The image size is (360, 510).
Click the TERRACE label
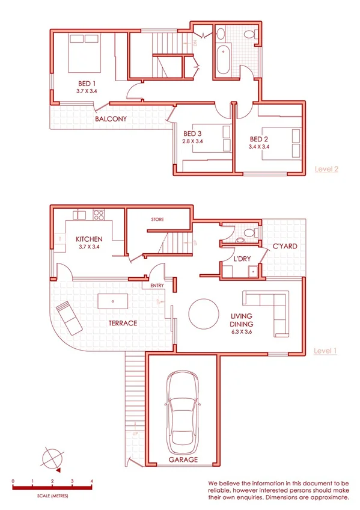tap(123, 323)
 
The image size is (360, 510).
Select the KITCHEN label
tap(89, 239)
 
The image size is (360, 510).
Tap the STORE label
tap(157, 220)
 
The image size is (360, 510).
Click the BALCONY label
tap(111, 119)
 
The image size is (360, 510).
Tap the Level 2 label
tap(327, 169)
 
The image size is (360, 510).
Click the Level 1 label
tap(325, 350)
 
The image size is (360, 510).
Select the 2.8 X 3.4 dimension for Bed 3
tap(193, 142)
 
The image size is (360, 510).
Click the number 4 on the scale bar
tap(91, 481)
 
